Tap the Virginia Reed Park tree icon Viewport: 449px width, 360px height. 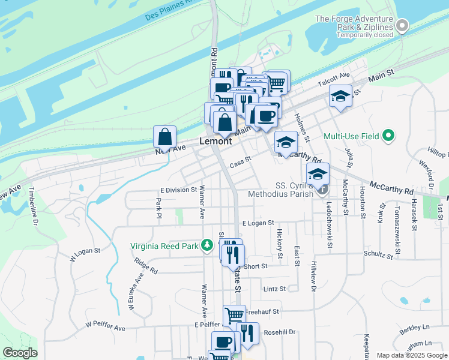click(x=207, y=245)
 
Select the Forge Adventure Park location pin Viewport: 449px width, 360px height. click(x=402, y=26)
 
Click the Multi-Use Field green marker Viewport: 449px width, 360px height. click(x=388, y=136)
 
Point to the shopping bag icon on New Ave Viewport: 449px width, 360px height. click(x=164, y=137)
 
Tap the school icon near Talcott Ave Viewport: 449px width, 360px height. click(x=340, y=96)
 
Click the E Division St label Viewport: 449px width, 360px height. click(x=178, y=190)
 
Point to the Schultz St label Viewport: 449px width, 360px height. click(x=378, y=256)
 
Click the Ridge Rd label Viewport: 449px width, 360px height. click(x=146, y=266)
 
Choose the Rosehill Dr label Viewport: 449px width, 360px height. click(x=280, y=332)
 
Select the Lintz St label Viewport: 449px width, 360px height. click(x=275, y=289)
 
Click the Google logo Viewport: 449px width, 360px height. click(x=20, y=353)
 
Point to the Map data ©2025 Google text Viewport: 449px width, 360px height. click(x=411, y=355)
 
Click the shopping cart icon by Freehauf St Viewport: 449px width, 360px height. click(x=234, y=315)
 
